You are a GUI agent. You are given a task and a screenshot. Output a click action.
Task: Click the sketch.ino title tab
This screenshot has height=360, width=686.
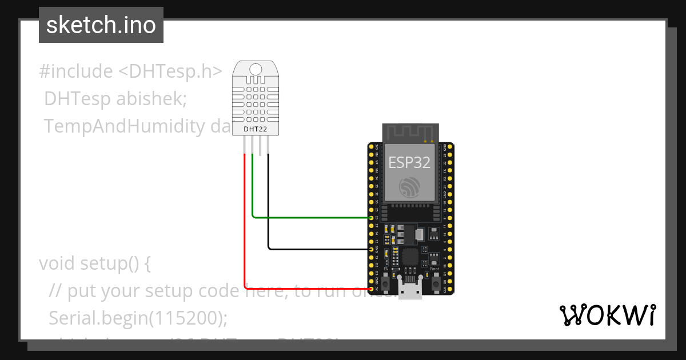click(101, 25)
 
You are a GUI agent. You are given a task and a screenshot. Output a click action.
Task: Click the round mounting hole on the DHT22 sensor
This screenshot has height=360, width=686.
click(256, 69)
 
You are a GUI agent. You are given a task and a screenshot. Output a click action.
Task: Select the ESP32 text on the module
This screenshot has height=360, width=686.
click(409, 162)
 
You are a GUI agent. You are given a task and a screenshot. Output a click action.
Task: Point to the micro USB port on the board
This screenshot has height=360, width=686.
click(410, 290)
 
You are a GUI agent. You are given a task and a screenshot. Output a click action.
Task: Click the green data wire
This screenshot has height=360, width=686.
click(309, 218)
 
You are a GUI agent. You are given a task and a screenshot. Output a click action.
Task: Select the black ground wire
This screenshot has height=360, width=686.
click(317, 249)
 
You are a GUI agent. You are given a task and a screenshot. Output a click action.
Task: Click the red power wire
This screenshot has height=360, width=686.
click(245, 229)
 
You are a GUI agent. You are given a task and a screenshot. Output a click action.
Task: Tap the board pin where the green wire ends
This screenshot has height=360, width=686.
click(372, 218)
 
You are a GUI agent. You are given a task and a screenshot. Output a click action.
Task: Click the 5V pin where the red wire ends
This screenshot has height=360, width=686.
click(372, 289)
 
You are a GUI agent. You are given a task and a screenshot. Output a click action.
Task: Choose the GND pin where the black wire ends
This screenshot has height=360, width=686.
click(372, 249)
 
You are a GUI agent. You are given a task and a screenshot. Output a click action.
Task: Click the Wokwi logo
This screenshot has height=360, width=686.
click(607, 315)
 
